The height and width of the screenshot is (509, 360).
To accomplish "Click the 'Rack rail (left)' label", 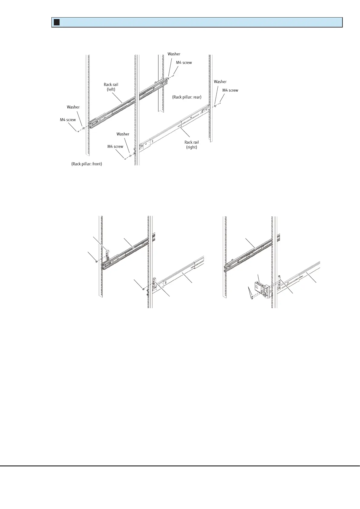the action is tap(111, 87).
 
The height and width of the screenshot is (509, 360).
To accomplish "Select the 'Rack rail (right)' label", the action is tap(192, 144).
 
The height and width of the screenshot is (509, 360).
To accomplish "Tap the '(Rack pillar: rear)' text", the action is tap(187, 97).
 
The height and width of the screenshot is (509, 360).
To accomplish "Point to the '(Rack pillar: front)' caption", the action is tap(87, 164).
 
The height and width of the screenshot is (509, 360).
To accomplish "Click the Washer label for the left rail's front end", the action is tap(73, 107).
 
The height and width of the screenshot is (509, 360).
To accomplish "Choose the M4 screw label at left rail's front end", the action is tap(68, 120).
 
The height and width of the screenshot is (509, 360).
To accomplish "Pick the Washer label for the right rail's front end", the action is tap(123, 134).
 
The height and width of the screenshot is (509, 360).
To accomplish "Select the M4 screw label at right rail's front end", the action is tap(115, 147).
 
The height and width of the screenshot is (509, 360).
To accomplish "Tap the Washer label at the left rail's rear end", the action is tap(174, 54).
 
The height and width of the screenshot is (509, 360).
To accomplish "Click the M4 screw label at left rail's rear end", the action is tap(184, 63).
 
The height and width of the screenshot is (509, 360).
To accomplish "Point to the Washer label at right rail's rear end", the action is tap(220, 82).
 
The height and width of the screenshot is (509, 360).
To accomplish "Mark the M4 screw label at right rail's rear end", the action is tap(230, 90).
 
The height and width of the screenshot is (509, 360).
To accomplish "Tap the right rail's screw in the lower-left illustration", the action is tap(143, 289).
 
